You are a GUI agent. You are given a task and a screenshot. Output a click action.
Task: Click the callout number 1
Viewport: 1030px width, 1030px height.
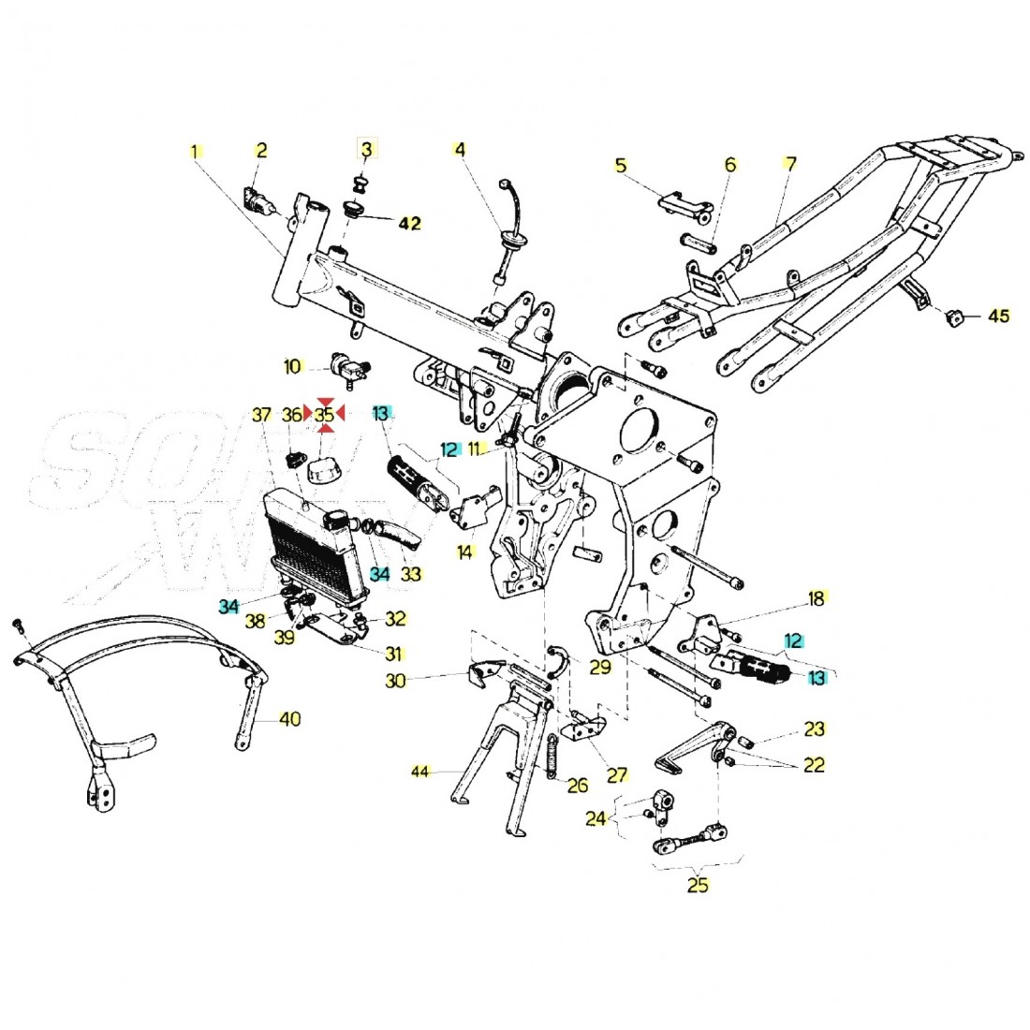[x=196, y=150]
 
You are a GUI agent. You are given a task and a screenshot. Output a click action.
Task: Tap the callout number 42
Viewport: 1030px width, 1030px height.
[x=410, y=223]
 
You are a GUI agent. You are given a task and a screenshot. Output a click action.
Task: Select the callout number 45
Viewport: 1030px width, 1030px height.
[x=999, y=316]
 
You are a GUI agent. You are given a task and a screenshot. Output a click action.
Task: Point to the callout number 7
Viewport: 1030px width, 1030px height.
[x=790, y=164]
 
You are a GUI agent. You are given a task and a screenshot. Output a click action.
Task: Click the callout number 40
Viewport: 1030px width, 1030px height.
[x=291, y=719]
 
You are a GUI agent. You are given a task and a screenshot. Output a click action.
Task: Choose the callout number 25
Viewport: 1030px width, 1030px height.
[x=698, y=885]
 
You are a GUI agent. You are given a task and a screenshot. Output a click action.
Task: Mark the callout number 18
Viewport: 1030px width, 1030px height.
[x=817, y=598]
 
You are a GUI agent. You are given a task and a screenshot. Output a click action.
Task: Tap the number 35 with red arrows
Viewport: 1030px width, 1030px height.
[x=324, y=413]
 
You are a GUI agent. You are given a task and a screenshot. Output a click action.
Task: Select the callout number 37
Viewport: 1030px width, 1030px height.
[x=261, y=414]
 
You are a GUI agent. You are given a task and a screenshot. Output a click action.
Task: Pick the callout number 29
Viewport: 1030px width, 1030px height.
[x=600, y=666]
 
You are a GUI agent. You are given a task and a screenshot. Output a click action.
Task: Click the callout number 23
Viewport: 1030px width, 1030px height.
[x=815, y=728]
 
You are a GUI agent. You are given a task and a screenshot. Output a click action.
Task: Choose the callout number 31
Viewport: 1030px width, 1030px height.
[x=393, y=653]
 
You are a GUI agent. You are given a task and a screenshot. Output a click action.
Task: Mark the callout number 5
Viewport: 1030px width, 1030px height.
[x=621, y=165]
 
